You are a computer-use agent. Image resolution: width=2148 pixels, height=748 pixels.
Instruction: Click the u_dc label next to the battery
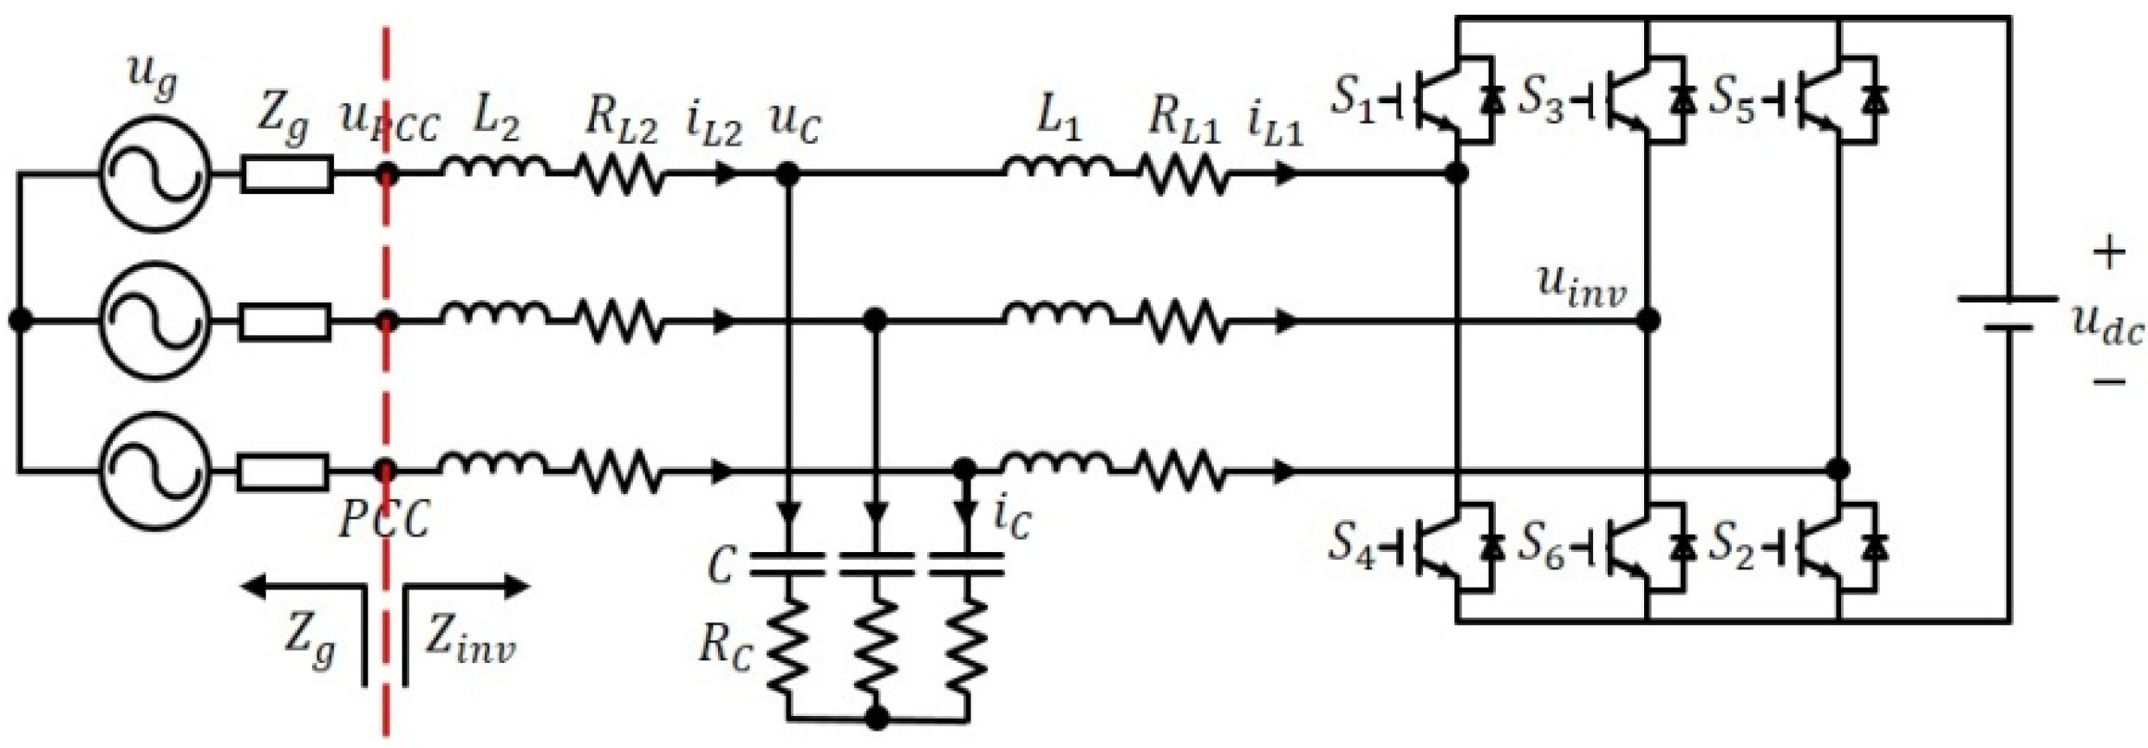click(2107, 327)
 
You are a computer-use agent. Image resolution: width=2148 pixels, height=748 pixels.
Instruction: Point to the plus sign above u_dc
click(2109, 254)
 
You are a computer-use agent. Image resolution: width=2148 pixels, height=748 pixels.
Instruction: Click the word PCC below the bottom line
click(384, 520)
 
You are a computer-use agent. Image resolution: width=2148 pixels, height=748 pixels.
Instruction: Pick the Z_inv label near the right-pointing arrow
click(470, 642)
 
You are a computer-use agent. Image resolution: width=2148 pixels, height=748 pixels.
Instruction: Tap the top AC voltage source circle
click(154, 174)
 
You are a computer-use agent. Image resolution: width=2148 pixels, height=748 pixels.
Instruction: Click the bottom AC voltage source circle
click(154, 472)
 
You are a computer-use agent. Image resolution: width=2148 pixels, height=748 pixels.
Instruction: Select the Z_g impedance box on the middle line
click(285, 322)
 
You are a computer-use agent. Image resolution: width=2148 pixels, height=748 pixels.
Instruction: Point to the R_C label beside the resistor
click(727, 647)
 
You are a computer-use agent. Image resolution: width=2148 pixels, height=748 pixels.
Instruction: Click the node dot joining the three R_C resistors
click(878, 717)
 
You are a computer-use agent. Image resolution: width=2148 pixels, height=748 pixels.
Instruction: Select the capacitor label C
click(721, 566)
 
